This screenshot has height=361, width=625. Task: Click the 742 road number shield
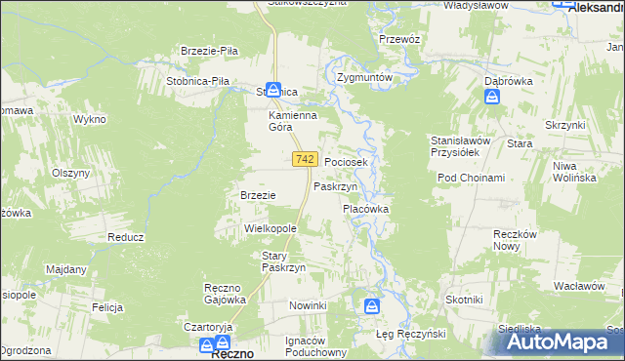coord(304,159)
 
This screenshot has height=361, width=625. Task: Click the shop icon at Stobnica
coord(275,89)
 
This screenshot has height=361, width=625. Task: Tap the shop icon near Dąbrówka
coord(492,97)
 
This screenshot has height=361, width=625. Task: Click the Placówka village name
coord(365,209)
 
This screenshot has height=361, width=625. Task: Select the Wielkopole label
coord(270,227)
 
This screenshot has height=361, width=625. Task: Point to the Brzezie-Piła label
coord(210,51)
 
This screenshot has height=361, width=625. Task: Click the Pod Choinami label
coord(471,178)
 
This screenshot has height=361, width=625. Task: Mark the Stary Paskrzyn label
coord(284,261)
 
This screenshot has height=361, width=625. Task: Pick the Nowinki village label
coord(308,305)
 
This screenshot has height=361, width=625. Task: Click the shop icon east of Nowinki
coord(372,306)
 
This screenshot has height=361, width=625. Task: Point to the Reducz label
coord(126,237)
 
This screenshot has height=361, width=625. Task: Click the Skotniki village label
coord(464,299)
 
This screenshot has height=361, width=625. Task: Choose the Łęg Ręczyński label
coord(410,334)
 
